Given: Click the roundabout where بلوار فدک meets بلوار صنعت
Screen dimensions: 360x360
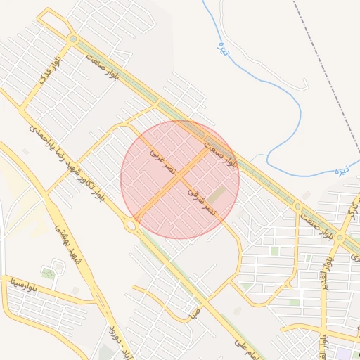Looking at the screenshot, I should [73, 39].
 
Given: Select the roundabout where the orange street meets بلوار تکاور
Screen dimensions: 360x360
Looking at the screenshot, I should [131, 225].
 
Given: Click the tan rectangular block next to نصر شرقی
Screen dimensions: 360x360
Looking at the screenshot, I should [218, 194].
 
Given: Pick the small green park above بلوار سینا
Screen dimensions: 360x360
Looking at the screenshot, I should [48, 273].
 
